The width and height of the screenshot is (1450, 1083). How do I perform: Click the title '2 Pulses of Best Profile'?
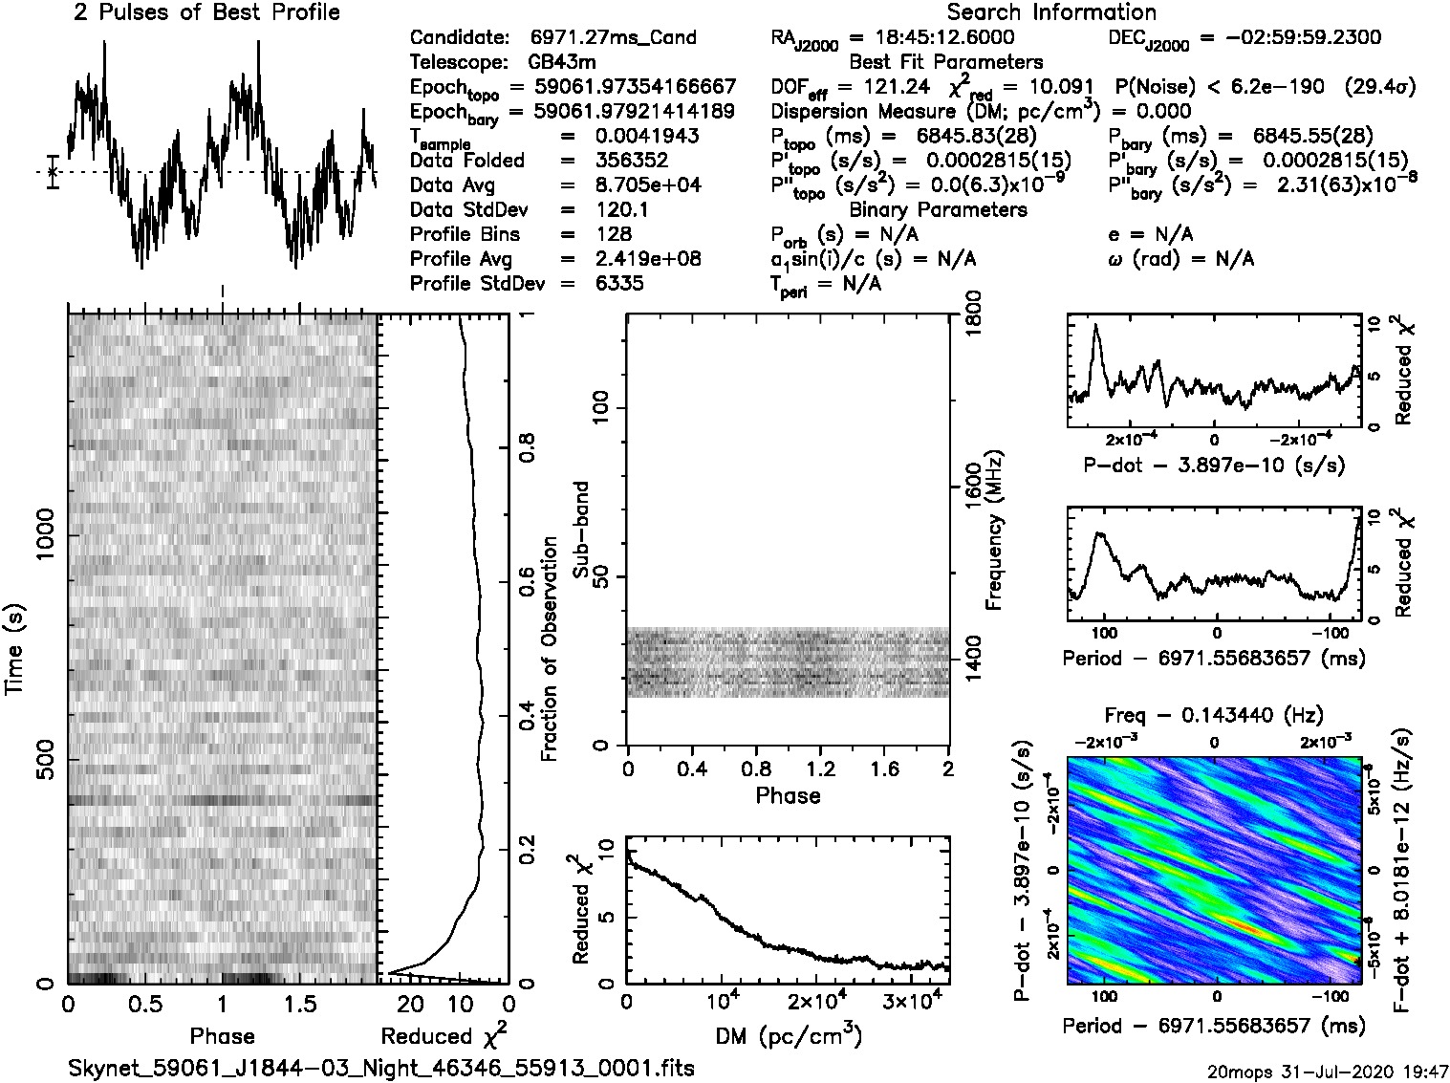point(206,12)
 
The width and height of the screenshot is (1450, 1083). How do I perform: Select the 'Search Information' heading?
point(1051,12)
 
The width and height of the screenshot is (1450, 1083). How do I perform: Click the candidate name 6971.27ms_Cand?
point(613,38)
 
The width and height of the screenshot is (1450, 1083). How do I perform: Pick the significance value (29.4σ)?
point(1379,87)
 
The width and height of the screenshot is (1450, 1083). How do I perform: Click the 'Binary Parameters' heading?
point(939,209)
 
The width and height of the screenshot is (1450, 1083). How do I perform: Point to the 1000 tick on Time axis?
point(46,537)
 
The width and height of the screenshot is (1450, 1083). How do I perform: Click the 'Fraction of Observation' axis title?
point(549,649)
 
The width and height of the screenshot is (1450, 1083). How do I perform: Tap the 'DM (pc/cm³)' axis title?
point(788,1036)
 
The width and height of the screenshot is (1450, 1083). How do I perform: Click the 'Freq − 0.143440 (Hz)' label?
point(1214,716)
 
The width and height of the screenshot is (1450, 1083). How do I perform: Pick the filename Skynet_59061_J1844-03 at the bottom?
point(381,1068)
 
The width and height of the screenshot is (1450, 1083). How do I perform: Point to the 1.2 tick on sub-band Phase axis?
point(820,769)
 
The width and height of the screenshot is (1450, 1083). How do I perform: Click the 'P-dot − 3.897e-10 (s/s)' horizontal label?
point(1213,466)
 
